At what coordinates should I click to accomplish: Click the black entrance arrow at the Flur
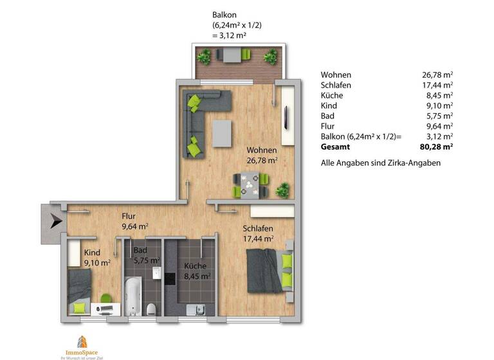55,222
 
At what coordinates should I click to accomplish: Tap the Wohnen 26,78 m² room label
262,155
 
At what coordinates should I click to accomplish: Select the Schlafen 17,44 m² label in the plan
258,233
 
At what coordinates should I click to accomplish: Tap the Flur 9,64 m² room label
135,222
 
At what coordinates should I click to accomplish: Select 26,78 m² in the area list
437,75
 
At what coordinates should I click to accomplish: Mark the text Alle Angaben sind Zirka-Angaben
380,163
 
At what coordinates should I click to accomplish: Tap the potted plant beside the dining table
282,190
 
